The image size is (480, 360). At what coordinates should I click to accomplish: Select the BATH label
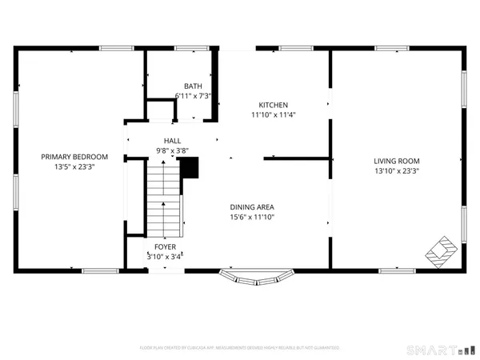(193, 86)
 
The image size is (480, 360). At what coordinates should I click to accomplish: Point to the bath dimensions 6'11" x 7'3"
(193, 95)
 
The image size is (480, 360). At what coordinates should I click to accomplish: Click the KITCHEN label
(272, 105)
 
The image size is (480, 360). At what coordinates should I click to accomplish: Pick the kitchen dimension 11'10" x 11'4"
(272, 114)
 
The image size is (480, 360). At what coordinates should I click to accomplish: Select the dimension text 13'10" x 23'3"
(396, 170)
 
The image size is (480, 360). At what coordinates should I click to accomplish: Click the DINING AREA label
(252, 206)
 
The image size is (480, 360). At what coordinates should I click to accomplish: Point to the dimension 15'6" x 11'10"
(252, 217)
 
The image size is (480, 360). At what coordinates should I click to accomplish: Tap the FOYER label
(166, 247)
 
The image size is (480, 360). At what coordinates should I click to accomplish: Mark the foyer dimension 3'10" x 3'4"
(166, 257)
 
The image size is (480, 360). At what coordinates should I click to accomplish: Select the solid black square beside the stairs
(189, 167)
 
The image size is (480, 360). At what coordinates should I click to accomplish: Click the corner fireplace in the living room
(439, 251)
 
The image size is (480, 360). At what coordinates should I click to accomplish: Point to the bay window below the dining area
(256, 278)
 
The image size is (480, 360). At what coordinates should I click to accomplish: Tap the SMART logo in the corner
(440, 350)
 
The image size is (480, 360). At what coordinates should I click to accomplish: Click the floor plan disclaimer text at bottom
(239, 348)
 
